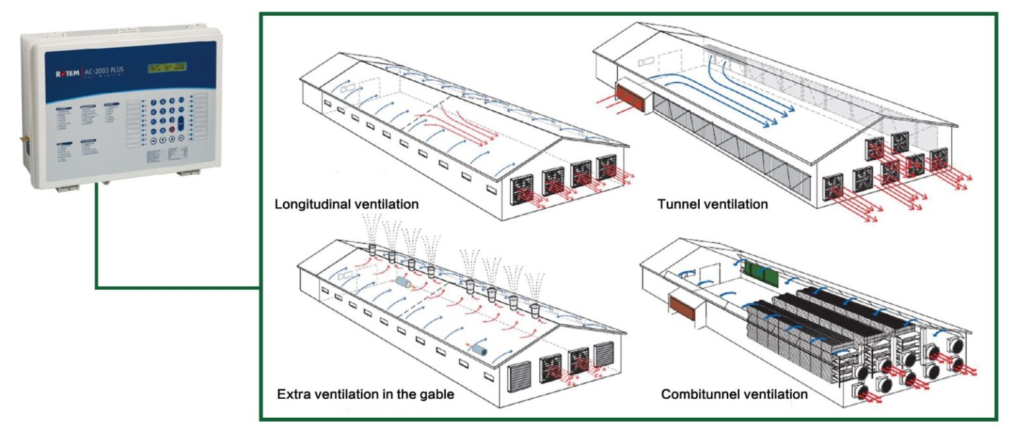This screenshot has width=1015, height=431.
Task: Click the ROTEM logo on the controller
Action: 67,73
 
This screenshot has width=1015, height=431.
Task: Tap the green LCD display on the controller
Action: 167,67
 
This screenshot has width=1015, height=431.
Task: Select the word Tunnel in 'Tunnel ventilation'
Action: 677,204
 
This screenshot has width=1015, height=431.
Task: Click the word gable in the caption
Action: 437,395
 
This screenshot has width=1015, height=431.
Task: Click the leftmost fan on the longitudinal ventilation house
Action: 521,187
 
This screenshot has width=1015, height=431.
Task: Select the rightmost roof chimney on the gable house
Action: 534,307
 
